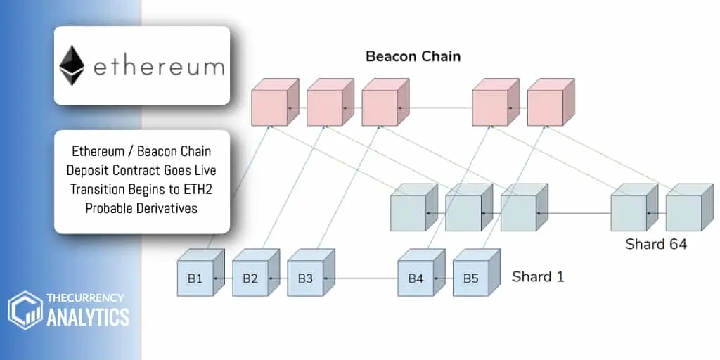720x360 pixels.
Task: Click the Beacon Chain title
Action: tap(413, 56)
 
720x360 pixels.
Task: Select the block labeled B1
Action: tap(195, 278)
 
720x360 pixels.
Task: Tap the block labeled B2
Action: tap(250, 278)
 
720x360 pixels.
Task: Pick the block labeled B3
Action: tap(305, 278)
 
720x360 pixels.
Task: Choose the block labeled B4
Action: tap(416, 278)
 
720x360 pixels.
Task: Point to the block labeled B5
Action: tap(470, 278)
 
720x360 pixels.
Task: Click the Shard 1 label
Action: tap(537, 276)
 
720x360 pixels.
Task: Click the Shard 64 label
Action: tap(655, 245)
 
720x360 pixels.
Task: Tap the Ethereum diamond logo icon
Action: tap(72, 65)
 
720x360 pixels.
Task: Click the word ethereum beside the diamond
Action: tap(158, 67)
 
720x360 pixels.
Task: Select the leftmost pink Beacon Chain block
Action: tap(269, 108)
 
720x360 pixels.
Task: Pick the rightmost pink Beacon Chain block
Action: tap(545, 108)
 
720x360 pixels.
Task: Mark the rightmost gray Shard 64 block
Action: tap(683, 212)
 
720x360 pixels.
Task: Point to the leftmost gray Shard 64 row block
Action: tap(408, 212)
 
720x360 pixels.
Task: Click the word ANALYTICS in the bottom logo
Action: tap(88, 317)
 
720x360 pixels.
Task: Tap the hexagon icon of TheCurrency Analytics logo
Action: tap(25, 310)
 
